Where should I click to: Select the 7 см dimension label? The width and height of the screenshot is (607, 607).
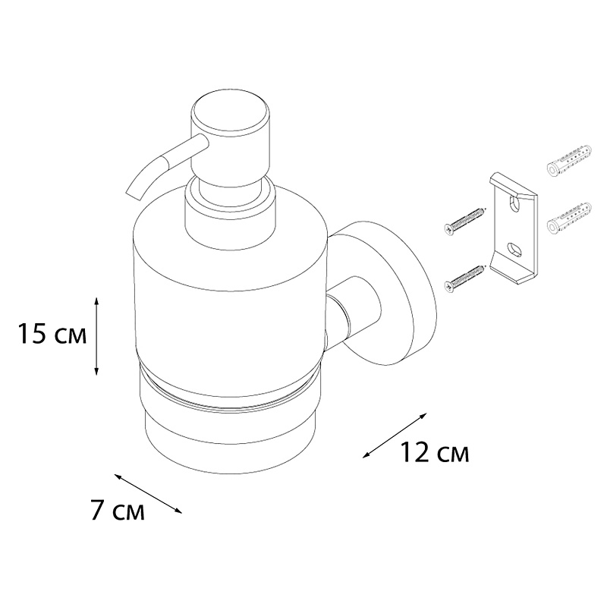click(x=118, y=510)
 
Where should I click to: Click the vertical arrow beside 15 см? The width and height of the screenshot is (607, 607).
click(x=97, y=336)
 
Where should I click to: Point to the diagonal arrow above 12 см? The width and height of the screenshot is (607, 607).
click(x=395, y=436)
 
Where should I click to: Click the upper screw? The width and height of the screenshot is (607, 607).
click(x=464, y=220)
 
